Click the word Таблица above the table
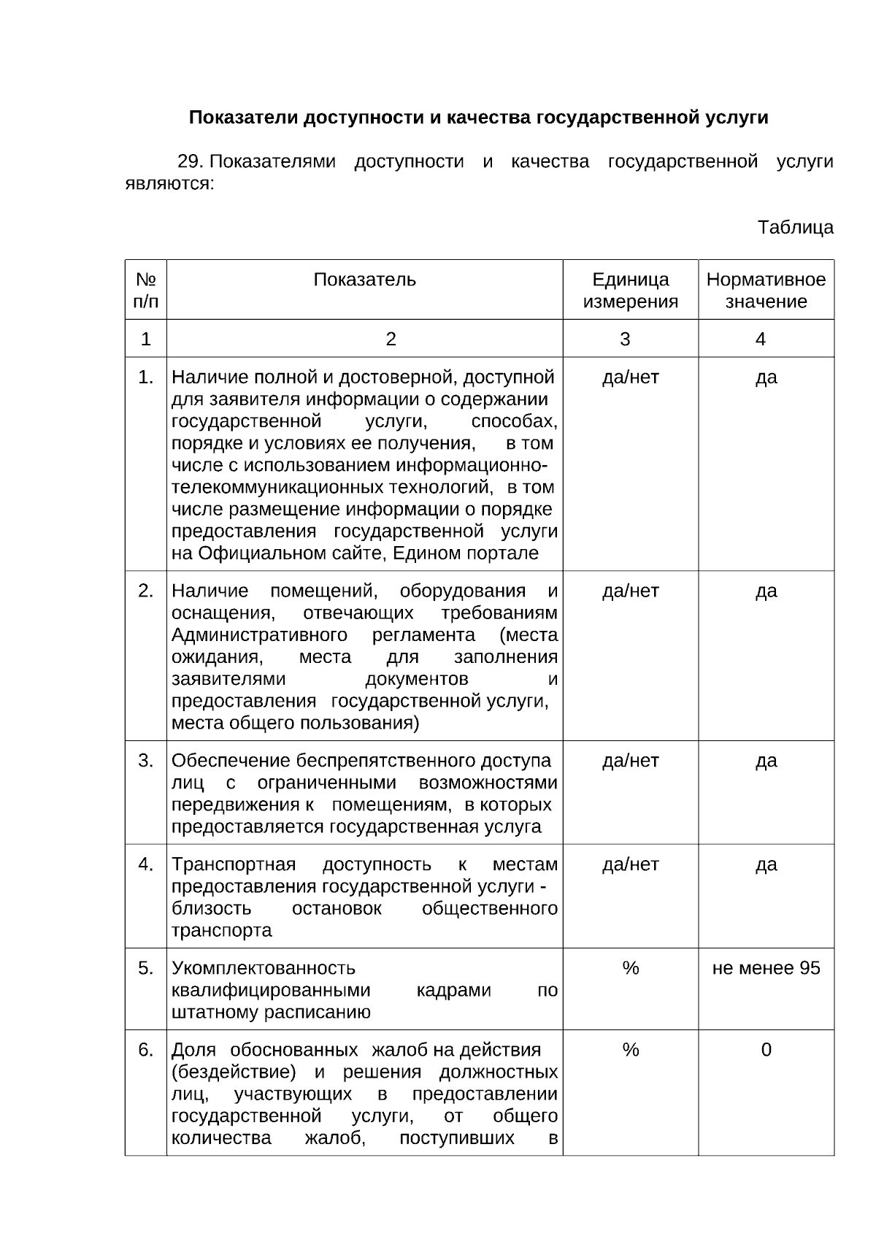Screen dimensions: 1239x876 click(x=795, y=227)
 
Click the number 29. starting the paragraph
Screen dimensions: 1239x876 click(x=193, y=161)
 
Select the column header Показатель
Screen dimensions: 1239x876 click(x=364, y=280)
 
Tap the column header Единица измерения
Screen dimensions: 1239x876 click(x=630, y=291)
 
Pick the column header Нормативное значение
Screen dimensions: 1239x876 click(x=766, y=291)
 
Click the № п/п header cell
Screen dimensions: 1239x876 click(x=146, y=291)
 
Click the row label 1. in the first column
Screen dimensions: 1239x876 click(x=146, y=377)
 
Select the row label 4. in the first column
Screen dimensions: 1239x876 click(x=146, y=864)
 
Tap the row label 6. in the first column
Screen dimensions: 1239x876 click(x=146, y=1050)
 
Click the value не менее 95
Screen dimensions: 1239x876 click(x=766, y=968)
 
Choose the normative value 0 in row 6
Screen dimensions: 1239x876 click(x=766, y=1050)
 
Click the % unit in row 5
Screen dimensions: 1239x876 click(x=630, y=968)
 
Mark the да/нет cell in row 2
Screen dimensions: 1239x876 click(x=630, y=591)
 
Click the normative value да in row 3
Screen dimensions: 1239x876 click(x=766, y=761)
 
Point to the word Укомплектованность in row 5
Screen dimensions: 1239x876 click(x=263, y=968)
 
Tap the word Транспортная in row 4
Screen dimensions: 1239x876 click(x=234, y=864)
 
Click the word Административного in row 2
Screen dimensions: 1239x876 click(x=258, y=634)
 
